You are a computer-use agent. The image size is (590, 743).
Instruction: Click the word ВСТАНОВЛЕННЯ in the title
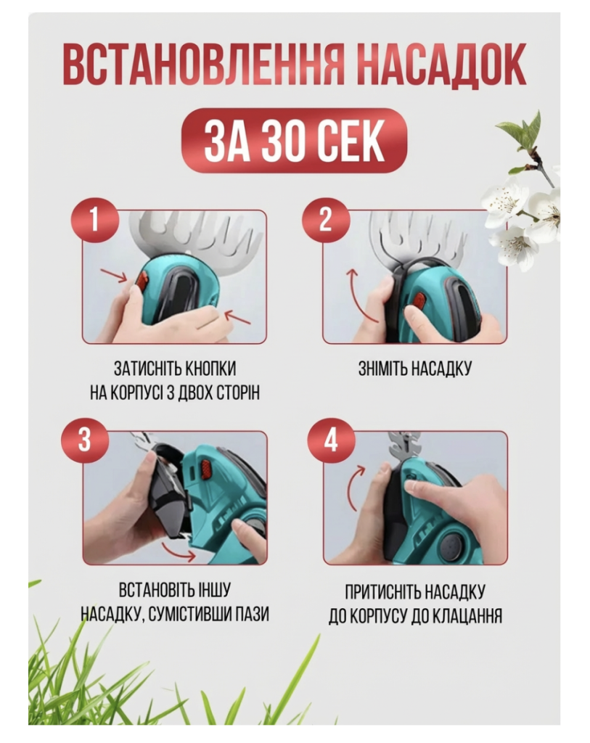point(202,67)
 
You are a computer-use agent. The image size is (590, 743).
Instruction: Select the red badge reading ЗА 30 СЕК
point(295,140)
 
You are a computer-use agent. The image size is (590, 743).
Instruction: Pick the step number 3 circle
point(85,440)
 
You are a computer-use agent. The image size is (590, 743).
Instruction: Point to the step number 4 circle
point(331,440)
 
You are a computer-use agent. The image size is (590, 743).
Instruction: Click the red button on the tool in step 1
point(142,282)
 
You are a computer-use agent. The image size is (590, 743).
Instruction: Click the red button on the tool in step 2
point(419,300)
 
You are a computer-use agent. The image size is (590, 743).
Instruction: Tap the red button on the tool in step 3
point(207,469)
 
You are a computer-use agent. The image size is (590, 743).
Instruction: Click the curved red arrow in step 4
point(352,488)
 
